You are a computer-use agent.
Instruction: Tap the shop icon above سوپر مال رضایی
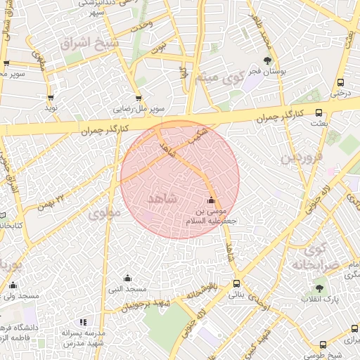[x=139, y=98]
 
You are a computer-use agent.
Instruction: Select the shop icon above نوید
[x=50, y=98]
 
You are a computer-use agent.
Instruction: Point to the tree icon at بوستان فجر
[x=266, y=60]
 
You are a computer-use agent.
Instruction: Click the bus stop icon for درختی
[x=341, y=81]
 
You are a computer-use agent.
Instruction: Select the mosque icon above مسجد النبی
[x=127, y=278]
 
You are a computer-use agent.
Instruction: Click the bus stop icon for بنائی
[x=236, y=284]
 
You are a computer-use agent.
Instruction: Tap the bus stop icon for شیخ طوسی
[x=323, y=345]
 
